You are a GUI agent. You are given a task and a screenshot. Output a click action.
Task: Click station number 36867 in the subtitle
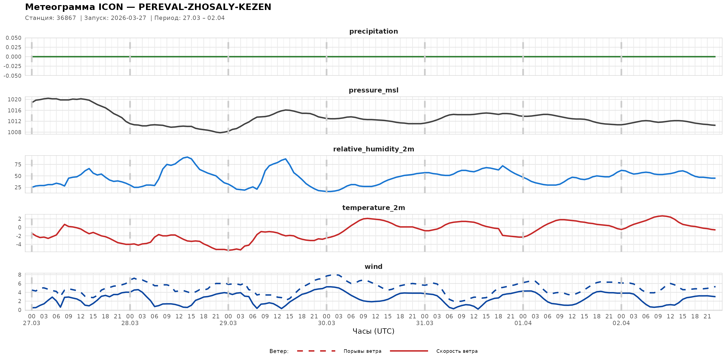(66, 18)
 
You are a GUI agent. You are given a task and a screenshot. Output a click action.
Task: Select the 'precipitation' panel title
(373, 31)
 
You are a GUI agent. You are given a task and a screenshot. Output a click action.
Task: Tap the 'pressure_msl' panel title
(373, 90)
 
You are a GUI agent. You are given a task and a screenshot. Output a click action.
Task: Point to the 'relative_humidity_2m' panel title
(373, 149)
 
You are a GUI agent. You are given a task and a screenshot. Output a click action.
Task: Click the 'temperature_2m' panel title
(373, 208)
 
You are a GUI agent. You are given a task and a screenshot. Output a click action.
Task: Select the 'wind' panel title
(373, 267)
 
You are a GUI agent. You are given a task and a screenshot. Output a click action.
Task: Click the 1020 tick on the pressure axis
(14, 99)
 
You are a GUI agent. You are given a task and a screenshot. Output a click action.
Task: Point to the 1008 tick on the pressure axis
(14, 133)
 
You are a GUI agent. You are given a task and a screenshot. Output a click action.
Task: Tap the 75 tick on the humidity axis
(18, 165)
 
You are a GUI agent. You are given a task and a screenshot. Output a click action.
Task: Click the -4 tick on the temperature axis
(18, 244)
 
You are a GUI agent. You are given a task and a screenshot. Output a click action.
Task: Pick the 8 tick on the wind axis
(19, 275)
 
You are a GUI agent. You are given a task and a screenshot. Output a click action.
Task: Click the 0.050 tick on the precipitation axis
(13, 38)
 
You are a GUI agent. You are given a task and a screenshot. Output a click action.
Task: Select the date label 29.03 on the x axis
(228, 323)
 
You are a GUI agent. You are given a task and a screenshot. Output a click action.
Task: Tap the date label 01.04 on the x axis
(523, 323)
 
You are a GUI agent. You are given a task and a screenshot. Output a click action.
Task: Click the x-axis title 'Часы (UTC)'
(373, 331)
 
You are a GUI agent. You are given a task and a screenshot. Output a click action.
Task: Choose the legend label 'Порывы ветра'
(362, 351)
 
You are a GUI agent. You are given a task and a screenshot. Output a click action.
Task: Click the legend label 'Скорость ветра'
(457, 351)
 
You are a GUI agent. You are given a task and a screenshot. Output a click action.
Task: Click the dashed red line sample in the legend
(316, 351)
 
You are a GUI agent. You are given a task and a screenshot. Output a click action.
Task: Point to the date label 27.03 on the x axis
(31, 323)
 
